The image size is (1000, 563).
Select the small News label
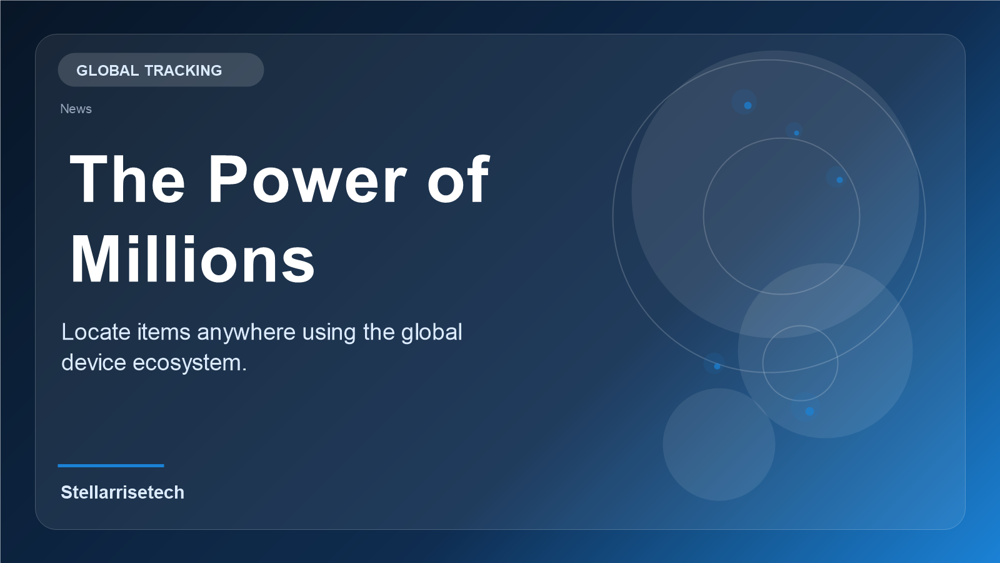pos(76,109)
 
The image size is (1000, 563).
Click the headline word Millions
pos(192,260)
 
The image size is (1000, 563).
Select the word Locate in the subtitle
pos(96,332)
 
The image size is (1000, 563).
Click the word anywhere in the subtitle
pos(246,332)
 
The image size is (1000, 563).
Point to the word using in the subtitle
pos(329,332)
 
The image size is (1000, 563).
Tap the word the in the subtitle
pos(379,332)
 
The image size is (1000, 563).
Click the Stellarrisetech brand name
pos(122,492)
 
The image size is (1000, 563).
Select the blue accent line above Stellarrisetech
pos(111,465)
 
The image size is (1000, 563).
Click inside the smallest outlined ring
pos(800,363)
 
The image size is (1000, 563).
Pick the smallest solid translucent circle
pos(719,444)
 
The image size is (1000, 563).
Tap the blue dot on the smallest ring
pos(809,411)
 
